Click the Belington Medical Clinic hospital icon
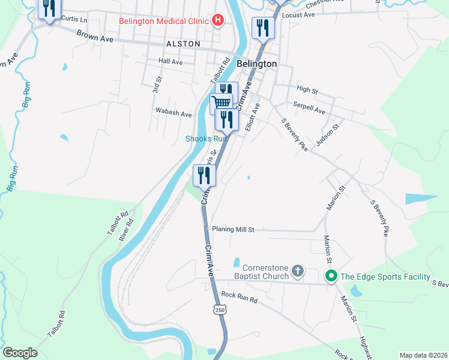coord(218,21)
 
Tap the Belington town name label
coord(257,64)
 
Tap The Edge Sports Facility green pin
coord(330,277)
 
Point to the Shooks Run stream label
coord(206,139)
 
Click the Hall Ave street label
coord(170,62)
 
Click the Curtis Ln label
coord(74,20)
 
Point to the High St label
coord(307,90)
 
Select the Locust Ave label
coord(298,15)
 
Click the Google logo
coord(20,353)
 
